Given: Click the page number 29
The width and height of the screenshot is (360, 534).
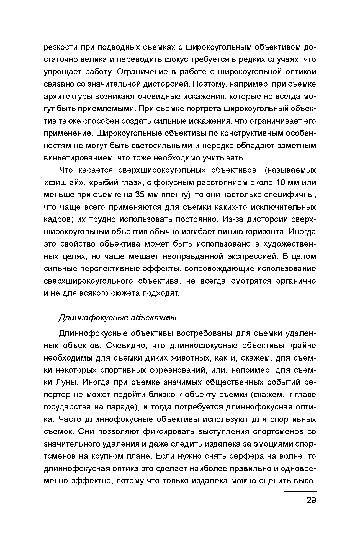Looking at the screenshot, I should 311,500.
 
